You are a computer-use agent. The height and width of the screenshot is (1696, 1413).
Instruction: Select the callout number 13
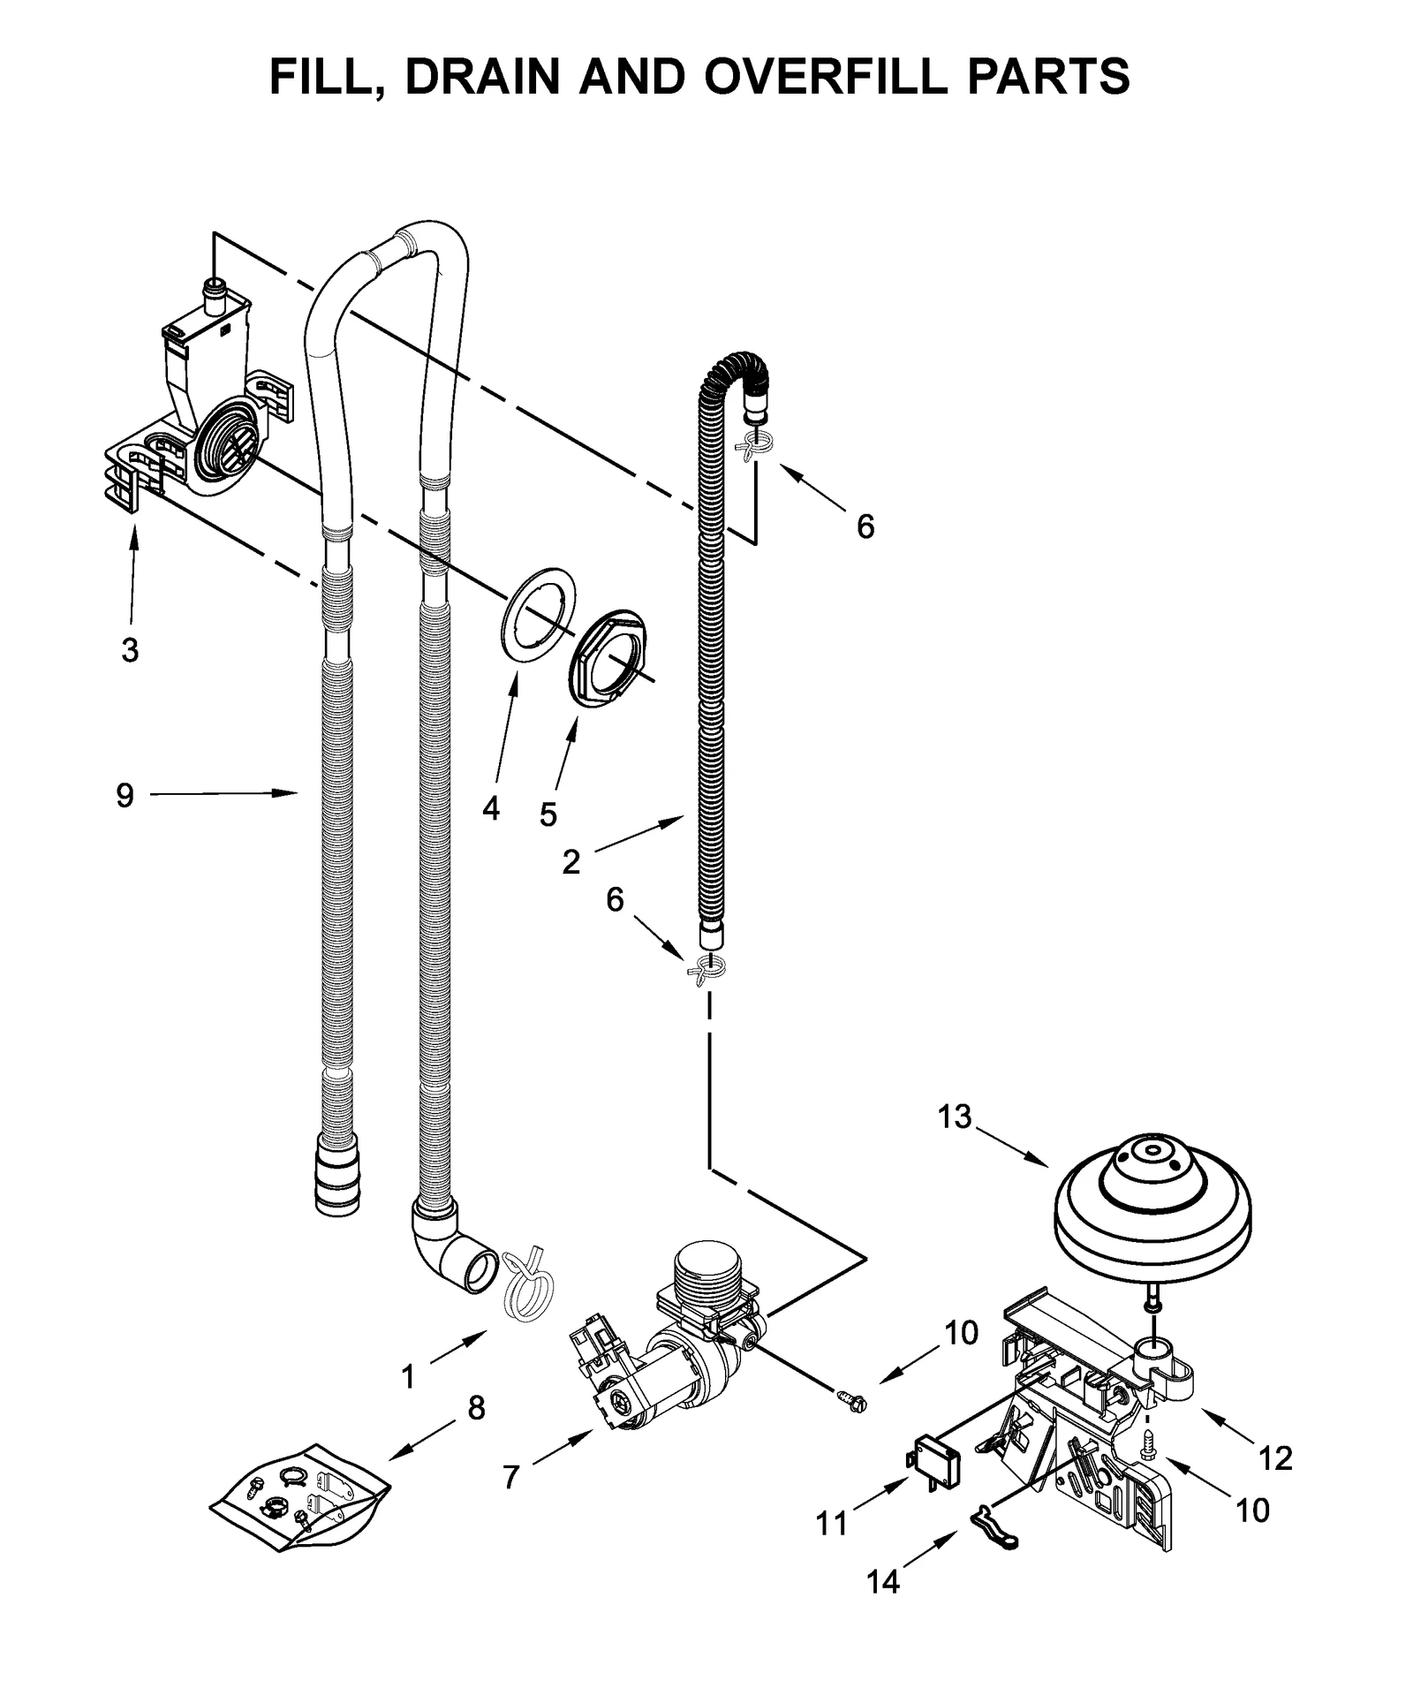pos(954,1117)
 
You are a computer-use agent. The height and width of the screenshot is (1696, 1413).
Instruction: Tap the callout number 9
pos(125,796)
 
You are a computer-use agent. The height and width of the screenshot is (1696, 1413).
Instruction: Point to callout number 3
pos(130,651)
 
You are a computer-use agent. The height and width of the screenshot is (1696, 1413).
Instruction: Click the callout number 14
pos(882,1582)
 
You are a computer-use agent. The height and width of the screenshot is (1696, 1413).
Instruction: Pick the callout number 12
pos(1275,1457)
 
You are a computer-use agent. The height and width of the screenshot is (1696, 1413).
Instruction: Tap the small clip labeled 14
pos(994,1540)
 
